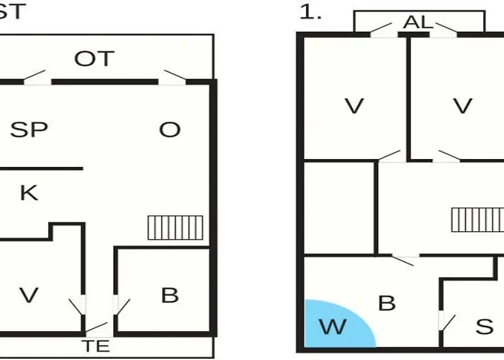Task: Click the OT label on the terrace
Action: click(94, 58)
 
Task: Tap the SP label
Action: click(29, 130)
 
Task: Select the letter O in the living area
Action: click(170, 130)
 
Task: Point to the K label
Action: click(29, 193)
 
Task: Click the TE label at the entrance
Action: click(96, 346)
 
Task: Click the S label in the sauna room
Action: click(485, 327)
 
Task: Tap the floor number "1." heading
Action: click(310, 12)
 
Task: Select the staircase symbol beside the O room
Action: click(176, 228)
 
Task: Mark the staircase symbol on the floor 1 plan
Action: click(477, 220)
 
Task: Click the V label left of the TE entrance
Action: click(29, 295)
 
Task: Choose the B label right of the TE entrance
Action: click(170, 295)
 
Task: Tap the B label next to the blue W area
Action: click(387, 303)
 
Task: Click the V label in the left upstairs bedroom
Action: click(354, 106)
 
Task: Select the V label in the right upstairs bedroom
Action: click(462, 106)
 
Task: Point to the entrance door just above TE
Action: click(96, 327)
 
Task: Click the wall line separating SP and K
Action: click(42, 168)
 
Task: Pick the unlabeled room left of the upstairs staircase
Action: click(339, 207)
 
